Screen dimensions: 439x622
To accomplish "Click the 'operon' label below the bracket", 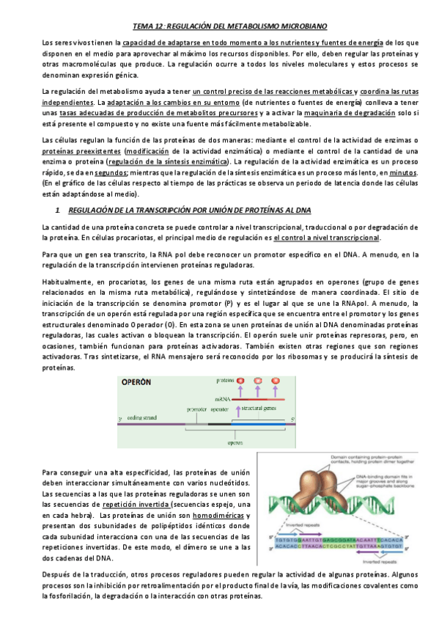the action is click(235, 442).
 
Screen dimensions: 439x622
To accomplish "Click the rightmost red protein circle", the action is click(276, 381).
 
